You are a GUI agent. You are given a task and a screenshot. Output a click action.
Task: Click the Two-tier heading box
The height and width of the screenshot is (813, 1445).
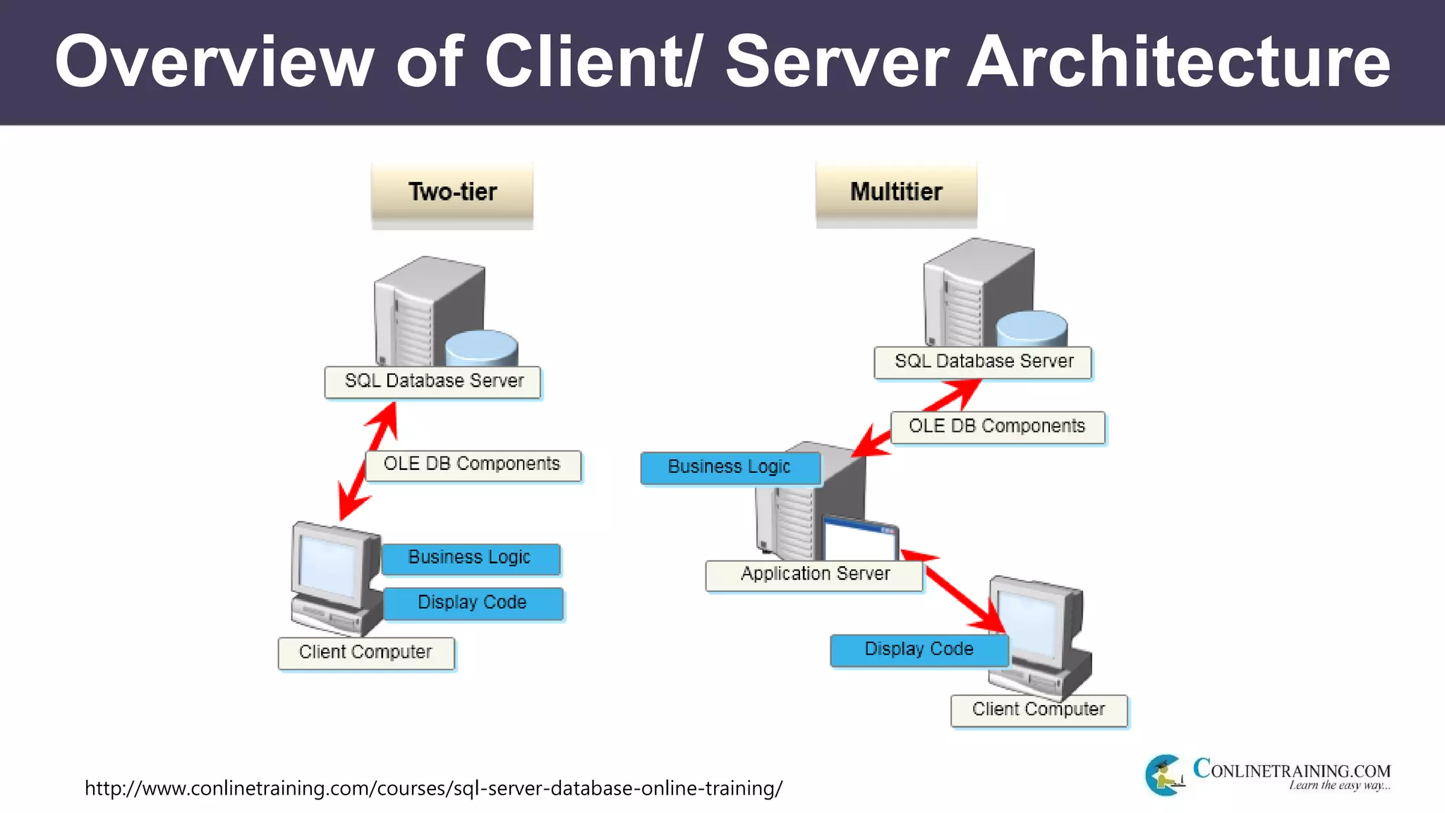(452, 192)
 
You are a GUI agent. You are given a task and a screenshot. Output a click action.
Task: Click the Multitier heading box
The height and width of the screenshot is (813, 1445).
(896, 192)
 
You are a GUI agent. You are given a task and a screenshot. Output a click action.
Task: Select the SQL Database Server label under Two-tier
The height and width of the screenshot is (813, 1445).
(433, 382)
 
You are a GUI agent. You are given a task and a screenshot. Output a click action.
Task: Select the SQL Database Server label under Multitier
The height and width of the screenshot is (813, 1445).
(983, 362)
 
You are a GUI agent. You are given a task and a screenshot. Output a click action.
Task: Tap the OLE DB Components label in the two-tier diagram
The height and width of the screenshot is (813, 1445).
(473, 465)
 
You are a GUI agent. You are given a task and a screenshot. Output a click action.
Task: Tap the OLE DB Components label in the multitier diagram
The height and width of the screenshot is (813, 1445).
(997, 427)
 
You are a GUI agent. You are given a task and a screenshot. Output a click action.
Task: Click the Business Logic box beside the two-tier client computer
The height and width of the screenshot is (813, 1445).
(471, 558)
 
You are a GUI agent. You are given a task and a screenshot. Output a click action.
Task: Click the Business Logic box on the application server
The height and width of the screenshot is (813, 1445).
(730, 467)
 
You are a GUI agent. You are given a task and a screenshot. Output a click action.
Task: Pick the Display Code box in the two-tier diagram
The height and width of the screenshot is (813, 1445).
(473, 603)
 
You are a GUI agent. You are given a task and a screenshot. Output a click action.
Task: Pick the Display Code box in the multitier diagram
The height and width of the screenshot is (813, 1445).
(919, 650)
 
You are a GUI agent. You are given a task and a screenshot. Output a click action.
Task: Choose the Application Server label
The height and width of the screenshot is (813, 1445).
(814, 574)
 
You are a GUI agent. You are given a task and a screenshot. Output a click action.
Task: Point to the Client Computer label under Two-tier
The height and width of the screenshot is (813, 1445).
(365, 653)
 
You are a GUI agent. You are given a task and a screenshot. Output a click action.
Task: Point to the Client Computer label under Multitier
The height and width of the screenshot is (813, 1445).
(1039, 710)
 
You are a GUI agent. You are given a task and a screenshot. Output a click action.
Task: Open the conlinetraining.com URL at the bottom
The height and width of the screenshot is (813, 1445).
(433, 788)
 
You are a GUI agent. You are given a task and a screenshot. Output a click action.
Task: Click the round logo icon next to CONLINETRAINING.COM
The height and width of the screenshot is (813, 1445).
(1164, 775)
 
